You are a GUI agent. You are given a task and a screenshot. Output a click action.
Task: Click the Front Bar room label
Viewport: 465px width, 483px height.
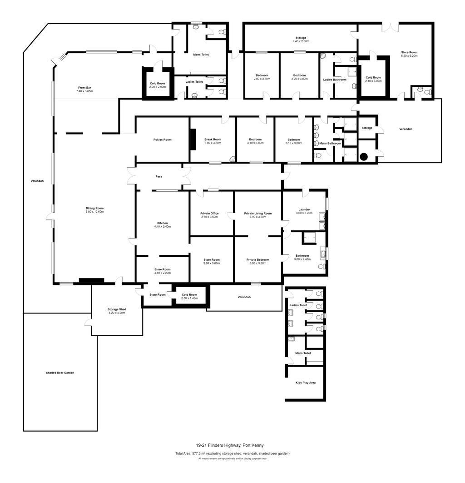click(84, 88)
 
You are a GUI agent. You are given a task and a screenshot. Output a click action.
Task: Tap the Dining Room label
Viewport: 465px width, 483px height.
click(94, 208)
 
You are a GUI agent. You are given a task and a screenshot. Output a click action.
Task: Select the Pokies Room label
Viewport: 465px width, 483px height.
click(162, 140)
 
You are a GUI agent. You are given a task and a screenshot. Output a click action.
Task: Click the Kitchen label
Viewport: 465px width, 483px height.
click(163, 223)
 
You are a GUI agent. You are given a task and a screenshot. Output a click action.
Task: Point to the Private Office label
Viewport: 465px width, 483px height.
click(209, 214)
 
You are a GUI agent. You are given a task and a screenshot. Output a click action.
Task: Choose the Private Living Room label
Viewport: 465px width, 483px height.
click(258, 214)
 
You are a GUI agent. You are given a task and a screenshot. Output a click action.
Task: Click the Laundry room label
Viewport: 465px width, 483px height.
click(304, 209)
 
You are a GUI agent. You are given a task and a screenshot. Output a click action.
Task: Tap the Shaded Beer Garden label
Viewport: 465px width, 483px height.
click(60, 373)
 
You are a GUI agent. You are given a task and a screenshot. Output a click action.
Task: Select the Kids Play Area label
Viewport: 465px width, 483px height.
click(306, 383)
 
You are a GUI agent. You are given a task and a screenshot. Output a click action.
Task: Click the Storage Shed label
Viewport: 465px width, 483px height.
click(117, 309)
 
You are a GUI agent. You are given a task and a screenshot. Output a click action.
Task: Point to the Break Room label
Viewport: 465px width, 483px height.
click(213, 139)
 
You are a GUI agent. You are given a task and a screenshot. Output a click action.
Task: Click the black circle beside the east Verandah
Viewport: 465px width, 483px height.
click(364, 157)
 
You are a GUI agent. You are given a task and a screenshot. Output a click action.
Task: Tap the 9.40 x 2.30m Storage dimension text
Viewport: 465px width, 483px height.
click(301, 41)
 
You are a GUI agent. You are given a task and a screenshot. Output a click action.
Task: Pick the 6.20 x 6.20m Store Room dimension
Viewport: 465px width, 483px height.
click(409, 56)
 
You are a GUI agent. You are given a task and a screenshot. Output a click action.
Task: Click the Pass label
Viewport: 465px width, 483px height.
click(159, 176)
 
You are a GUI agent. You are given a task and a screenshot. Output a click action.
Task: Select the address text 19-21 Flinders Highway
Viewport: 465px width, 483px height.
click(218, 445)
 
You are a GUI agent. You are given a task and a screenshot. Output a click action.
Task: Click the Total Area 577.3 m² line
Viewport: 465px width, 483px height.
click(232, 453)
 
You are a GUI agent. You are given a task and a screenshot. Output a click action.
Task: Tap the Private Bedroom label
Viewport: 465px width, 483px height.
click(258, 259)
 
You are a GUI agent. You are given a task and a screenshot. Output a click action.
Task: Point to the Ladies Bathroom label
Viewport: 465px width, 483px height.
click(335, 80)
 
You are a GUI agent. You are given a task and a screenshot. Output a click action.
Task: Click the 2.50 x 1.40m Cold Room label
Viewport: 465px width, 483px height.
click(189, 296)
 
